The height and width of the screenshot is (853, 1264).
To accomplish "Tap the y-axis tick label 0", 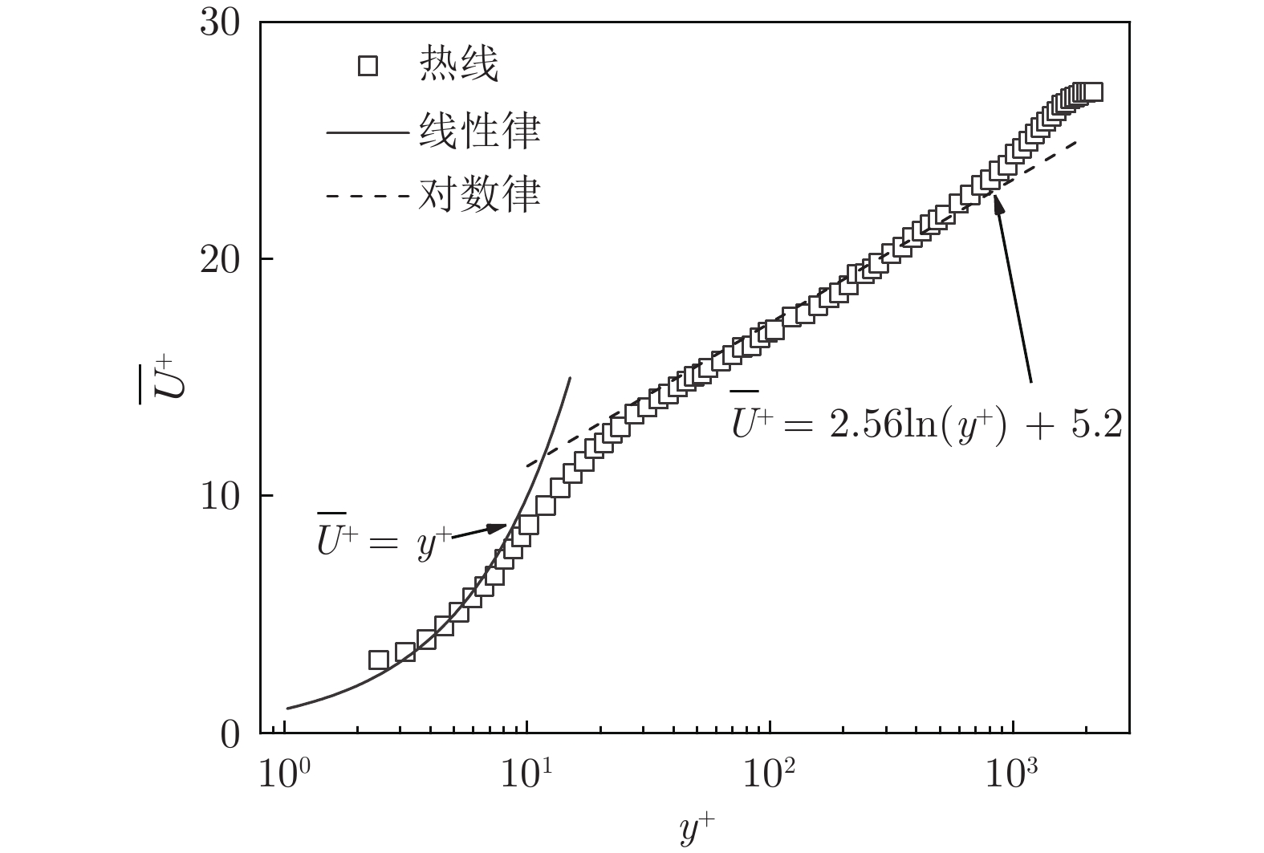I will coord(230,733).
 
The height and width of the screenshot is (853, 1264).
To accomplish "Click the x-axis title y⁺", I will coord(694,830).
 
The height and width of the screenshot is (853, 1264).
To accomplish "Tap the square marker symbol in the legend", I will coord(368,66).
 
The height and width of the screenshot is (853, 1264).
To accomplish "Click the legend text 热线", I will coord(458,66).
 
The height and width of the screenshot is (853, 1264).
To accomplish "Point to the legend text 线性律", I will coord(478,131).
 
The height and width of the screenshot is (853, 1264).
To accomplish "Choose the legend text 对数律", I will coord(478,195).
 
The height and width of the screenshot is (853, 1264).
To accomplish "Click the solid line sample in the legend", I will coord(368,132).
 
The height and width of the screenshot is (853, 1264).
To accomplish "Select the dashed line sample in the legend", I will coord(368,196).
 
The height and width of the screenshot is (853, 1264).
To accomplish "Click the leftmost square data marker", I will coord(378,660).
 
